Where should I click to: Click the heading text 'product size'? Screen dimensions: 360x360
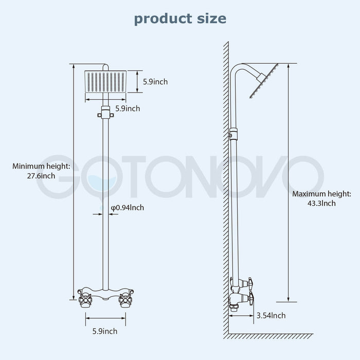179,19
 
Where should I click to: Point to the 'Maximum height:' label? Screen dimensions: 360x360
321,194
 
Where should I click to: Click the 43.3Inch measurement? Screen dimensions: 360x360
321,204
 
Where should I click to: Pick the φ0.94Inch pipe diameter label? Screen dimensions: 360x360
128,208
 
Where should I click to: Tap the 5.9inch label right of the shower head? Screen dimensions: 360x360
155,81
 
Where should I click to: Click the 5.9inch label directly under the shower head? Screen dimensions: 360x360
128,109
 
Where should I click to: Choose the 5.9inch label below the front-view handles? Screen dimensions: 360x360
105,331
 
